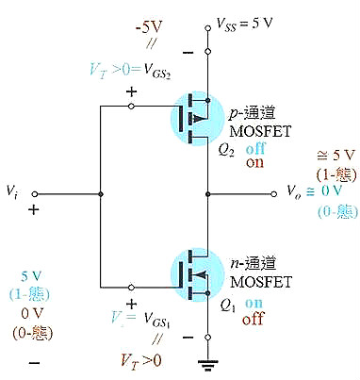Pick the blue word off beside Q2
click(254, 149)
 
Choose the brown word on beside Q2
click(254, 162)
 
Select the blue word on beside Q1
click(254, 305)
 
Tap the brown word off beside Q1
click(254, 319)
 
